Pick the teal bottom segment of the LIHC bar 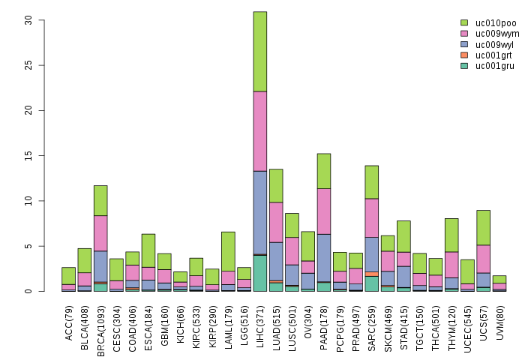coord(259,273)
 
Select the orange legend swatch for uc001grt coord(464,55)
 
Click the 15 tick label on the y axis coord(28,155)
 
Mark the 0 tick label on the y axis coord(28,291)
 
